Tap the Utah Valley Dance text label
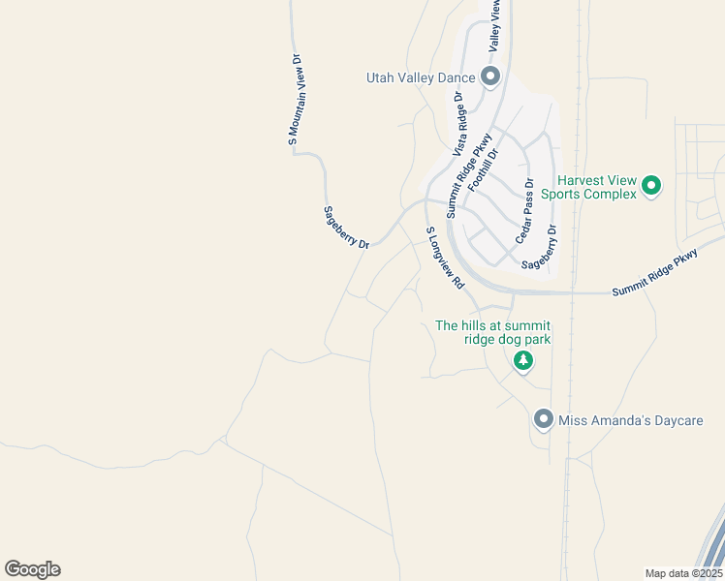pos(421,77)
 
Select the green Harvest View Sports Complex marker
pos(652,184)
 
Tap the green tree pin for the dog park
pos(523,361)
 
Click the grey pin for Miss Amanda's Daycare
pos(544,419)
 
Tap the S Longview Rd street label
pos(446,259)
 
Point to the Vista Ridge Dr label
pos(459,123)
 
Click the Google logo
pos(32,568)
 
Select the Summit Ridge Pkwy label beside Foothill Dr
pos(464,178)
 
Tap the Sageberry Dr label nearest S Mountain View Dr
pos(346,228)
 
